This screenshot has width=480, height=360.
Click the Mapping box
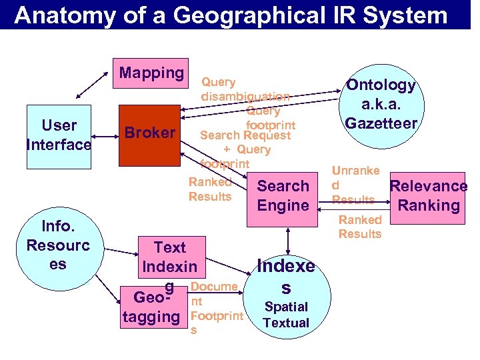pos(151,73)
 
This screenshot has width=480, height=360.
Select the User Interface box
pos(59,135)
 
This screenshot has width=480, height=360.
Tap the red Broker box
pos(149,133)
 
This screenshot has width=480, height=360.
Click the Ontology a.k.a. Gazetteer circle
pos(380,104)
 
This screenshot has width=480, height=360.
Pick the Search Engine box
pos(283,195)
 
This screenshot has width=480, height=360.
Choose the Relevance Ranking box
pos(428,195)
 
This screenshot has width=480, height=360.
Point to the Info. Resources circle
pos(58,246)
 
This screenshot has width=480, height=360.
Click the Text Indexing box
pos(169,257)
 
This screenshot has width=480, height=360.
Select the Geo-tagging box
pos(151,306)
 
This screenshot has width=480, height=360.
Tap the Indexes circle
pos(286,294)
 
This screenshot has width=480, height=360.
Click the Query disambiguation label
pos(243,89)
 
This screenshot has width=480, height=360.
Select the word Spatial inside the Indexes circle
pos(286,307)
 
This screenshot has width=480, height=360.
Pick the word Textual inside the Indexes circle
pos(286,323)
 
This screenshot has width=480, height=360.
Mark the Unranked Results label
pos(355,185)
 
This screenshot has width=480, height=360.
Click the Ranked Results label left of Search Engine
pos(210,189)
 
